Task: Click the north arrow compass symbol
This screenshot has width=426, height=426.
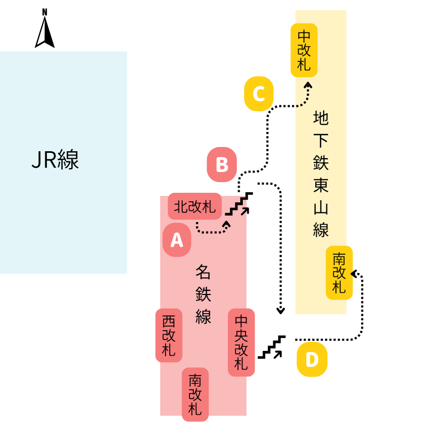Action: point(45,32)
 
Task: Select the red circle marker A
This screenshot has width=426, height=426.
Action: point(177,240)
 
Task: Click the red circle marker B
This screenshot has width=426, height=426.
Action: point(222,165)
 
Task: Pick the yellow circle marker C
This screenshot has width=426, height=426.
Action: point(259,94)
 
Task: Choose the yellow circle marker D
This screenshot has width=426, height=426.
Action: point(312,361)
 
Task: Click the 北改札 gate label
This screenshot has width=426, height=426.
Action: point(195,206)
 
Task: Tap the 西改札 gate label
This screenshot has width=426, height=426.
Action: point(169,335)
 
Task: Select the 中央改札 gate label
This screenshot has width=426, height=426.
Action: point(241,342)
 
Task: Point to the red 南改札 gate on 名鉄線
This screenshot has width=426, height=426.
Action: point(195,395)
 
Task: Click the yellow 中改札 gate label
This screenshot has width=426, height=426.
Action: point(304,50)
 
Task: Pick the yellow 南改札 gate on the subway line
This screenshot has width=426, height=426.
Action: point(339,273)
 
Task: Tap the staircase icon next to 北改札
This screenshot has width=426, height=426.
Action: point(237,206)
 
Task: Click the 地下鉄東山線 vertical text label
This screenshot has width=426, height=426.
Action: point(321,173)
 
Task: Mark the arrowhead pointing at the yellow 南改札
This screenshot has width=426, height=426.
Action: point(356,273)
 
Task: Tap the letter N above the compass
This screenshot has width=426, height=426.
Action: point(45,12)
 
